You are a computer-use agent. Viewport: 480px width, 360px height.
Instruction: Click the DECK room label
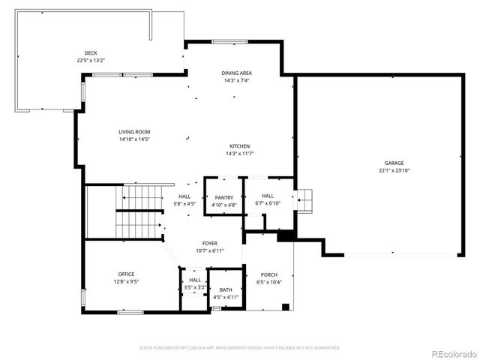pos(90,52)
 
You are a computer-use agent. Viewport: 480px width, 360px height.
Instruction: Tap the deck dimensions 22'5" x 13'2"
pos(90,60)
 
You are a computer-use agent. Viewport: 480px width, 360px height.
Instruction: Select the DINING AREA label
pos(236,73)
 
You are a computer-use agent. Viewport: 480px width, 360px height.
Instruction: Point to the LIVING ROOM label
pos(134,131)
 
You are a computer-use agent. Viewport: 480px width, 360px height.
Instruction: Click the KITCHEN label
pos(239,145)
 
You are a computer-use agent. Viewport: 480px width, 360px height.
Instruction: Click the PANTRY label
pos(223,197)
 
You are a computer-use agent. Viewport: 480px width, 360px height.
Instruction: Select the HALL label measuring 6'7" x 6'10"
pos(267,196)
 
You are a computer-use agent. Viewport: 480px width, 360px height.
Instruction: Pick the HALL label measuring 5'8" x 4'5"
pos(184,196)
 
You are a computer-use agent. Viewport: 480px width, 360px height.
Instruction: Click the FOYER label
pos(209,244)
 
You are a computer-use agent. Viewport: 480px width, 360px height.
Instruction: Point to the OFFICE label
pos(126,274)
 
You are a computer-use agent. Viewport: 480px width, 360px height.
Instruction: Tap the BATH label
pos(226,289)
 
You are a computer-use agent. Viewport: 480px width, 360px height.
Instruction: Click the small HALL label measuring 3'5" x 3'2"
pos(195,280)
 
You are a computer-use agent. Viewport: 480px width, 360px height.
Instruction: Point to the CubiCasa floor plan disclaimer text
pos(239,348)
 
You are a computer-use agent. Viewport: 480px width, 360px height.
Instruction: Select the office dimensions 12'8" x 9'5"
pos(126,281)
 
